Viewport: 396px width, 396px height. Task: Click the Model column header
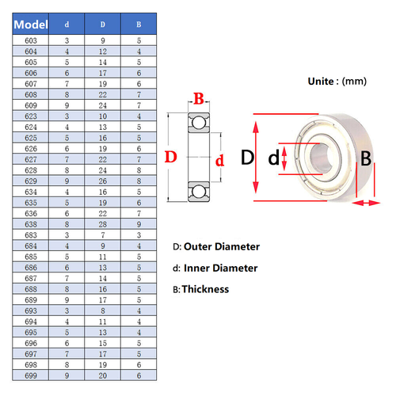click(29, 25)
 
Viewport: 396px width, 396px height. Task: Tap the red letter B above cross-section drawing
click(198, 99)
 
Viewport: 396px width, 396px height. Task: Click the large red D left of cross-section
click(169, 157)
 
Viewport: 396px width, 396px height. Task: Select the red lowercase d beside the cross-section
click(220, 159)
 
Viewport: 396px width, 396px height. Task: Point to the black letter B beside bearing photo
click(366, 158)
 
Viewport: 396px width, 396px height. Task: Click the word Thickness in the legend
click(205, 289)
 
